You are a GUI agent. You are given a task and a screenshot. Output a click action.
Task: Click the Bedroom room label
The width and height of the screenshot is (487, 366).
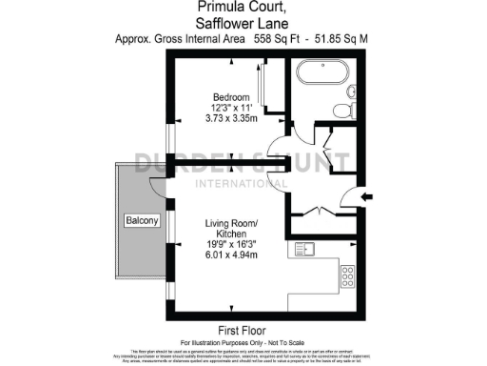pyautogui.click(x=231, y=97)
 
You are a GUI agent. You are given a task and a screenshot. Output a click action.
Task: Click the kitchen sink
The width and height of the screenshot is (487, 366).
pyautogui.click(x=306, y=252)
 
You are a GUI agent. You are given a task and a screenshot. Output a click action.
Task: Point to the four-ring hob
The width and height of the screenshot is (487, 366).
pyautogui.click(x=348, y=276)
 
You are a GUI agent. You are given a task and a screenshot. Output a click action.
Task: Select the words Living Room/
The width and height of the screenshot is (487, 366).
pyautogui.click(x=232, y=223)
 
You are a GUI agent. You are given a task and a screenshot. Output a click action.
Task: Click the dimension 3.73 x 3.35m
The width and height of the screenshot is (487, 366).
pyautogui.click(x=231, y=119)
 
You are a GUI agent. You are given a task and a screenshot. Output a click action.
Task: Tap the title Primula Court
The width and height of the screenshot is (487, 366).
pyautogui.click(x=243, y=8)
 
